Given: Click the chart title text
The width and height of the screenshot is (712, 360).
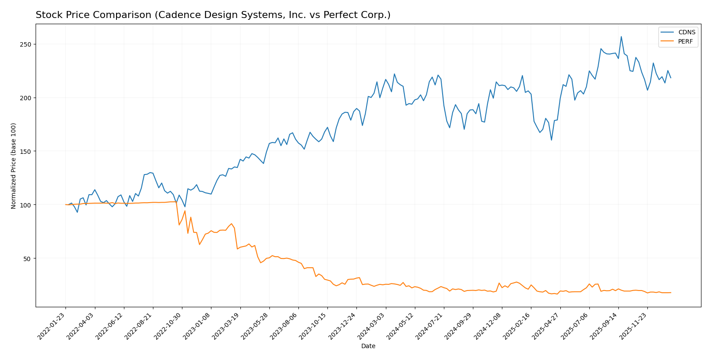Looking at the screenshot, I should tap(213, 15).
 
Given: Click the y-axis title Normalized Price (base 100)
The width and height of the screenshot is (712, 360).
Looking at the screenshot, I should tap(14, 166).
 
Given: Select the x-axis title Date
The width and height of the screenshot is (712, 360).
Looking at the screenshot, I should tap(368, 346).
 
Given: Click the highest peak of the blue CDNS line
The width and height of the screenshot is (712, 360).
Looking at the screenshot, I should tap(621, 36).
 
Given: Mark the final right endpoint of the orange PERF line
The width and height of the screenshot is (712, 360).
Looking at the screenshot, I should tap(671, 292).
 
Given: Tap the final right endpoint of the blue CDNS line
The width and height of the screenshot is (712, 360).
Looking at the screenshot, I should tap(671, 78).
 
